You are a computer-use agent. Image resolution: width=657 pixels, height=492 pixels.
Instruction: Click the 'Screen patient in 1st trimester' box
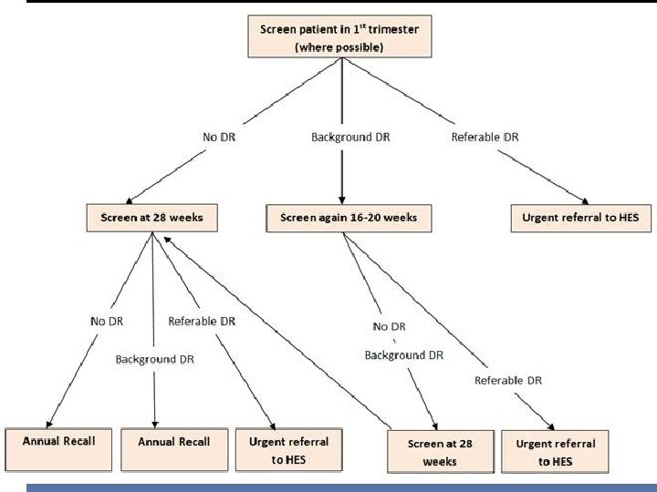[339, 36]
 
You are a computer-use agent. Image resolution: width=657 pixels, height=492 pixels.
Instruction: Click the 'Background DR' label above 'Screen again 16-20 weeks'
[339, 138]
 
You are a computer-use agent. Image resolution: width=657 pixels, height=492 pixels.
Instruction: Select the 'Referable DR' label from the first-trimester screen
[485, 138]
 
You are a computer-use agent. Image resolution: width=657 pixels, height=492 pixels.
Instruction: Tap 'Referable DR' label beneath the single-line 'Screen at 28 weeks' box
[202, 321]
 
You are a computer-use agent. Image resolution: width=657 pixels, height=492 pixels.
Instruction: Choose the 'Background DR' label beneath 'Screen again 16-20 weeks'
[404, 354]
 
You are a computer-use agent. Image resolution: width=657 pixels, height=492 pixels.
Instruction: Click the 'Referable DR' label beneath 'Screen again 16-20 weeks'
[508, 379]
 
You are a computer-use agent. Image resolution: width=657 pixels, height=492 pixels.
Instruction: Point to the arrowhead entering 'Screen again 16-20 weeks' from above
[340, 202]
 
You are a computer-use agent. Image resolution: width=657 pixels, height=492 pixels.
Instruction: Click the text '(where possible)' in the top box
[339, 46]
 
